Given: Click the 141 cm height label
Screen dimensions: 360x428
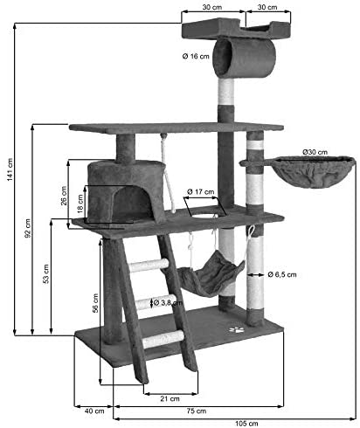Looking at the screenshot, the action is [10, 170].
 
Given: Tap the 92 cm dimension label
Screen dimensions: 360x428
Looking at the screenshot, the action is [28, 228].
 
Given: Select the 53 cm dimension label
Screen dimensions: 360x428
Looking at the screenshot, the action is [46, 274].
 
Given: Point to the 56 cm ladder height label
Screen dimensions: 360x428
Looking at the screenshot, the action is [95, 303].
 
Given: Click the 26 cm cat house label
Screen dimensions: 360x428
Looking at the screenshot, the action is [64, 196].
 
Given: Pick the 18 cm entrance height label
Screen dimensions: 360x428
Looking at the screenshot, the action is [80, 204].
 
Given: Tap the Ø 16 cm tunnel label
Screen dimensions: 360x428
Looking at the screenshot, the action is [196, 56].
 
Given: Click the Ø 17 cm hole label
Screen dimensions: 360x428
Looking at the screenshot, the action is [201, 191].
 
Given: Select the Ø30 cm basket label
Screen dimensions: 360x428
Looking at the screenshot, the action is [315, 152].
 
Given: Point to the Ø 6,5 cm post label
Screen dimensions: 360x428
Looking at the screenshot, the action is [282, 274].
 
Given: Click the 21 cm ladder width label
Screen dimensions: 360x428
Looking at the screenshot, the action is [170, 398].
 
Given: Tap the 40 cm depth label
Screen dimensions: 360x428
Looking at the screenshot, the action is [94, 411].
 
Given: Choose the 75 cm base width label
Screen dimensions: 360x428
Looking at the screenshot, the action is [197, 411].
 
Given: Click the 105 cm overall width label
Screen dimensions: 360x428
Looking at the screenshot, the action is [246, 424].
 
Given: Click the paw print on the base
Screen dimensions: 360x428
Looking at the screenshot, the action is [236, 330].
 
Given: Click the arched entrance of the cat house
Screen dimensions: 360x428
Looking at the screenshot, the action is [132, 203].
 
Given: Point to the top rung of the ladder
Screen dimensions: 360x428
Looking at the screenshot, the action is [149, 266].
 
